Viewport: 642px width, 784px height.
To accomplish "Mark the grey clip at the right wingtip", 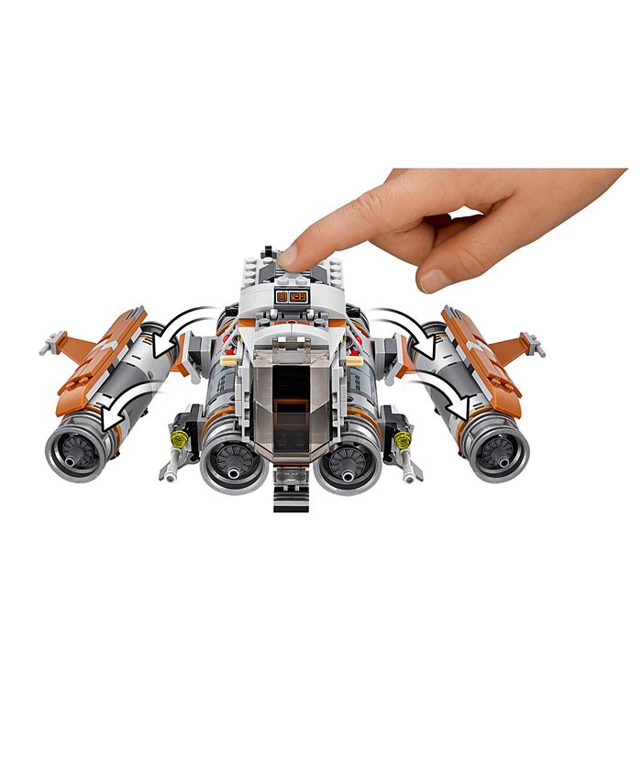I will coord(535,344).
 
